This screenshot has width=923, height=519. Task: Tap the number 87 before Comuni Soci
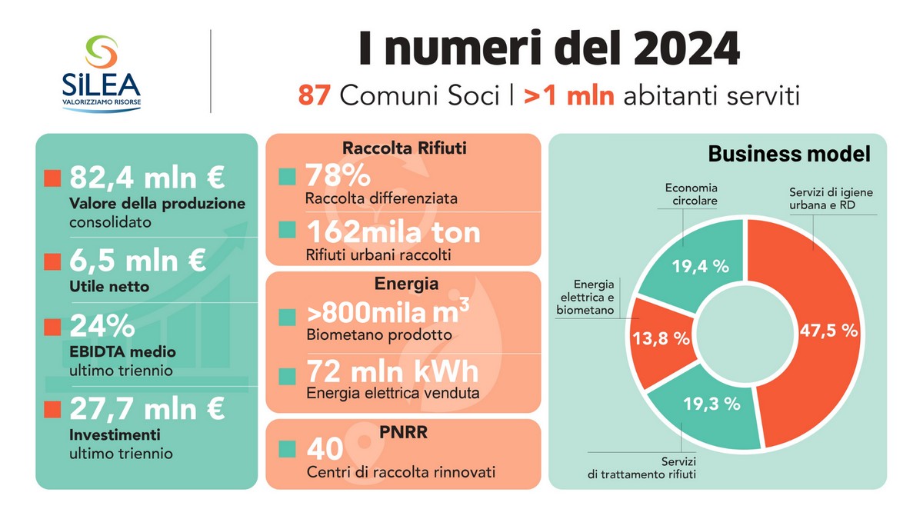click(x=315, y=97)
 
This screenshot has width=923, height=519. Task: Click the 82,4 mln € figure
click(x=147, y=178)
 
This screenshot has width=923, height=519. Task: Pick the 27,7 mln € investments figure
click(x=147, y=408)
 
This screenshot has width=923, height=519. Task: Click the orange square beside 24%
click(x=52, y=327)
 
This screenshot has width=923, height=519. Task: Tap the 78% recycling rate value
click(x=328, y=176)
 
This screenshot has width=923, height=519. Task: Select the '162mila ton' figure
click(x=392, y=231)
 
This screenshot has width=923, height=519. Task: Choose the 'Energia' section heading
click(x=406, y=284)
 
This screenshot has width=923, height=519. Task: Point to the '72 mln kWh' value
click(x=392, y=371)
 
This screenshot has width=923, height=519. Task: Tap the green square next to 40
click(x=287, y=448)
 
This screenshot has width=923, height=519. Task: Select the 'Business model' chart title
click(x=788, y=154)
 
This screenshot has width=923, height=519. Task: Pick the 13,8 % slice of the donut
click(x=660, y=339)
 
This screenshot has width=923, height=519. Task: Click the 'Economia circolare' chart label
click(x=691, y=194)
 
